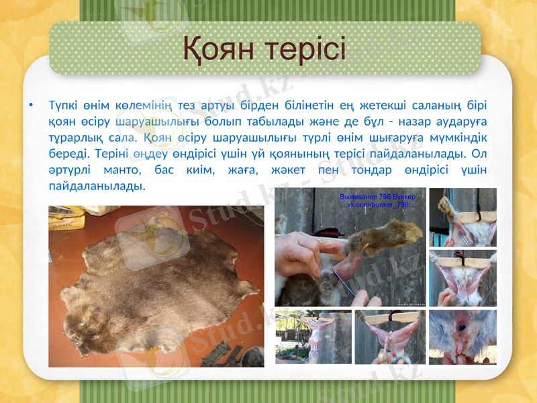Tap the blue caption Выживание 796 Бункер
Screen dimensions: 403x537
coord(378,197)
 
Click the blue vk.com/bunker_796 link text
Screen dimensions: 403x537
coord(378,205)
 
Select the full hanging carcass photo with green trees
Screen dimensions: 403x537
coord(313,336)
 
